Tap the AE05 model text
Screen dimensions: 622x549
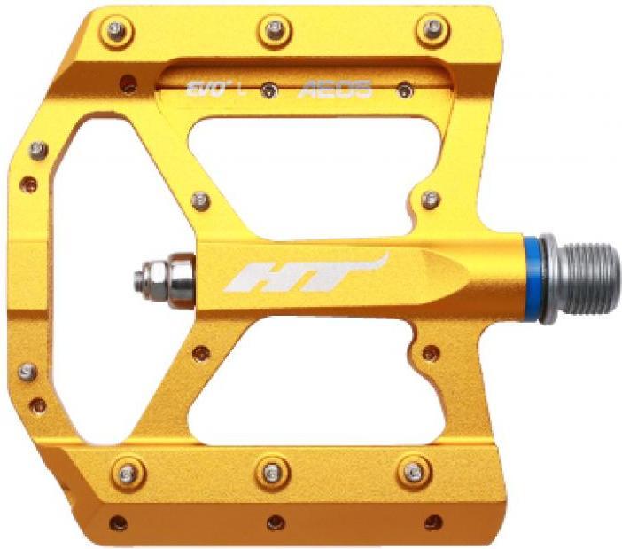[335, 89]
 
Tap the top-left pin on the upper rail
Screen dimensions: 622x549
[116, 31]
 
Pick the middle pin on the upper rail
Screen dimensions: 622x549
[275, 30]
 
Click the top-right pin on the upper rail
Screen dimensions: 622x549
[432, 30]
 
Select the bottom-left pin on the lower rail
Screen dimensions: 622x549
[128, 473]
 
